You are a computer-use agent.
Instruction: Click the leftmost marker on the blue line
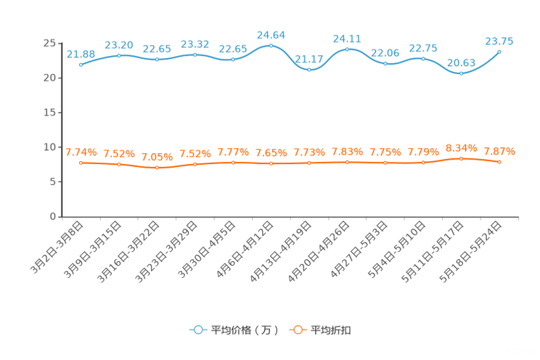[81, 65]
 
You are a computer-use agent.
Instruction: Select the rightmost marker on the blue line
[499, 52]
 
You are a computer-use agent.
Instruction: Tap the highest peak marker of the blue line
[271, 46]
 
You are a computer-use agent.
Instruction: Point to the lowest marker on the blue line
[461, 73]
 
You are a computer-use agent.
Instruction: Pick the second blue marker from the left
[119, 55]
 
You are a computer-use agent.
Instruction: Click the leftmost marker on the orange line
[81, 163]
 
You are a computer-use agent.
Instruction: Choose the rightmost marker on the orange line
[499, 162]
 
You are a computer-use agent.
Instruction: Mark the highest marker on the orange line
[461, 158]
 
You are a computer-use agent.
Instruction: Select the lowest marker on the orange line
[157, 167]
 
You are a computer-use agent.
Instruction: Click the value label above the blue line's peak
[271, 34]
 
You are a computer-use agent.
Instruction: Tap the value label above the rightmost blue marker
[499, 41]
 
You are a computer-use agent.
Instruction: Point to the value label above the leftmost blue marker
[81, 54]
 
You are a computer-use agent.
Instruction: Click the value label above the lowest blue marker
[461, 62]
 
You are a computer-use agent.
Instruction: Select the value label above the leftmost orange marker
[81, 152]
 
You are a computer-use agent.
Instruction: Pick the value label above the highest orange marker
[461, 147]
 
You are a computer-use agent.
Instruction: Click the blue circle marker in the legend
[197, 330]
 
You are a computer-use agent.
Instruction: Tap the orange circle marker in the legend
[297, 330]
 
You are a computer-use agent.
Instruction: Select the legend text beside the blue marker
[244, 330]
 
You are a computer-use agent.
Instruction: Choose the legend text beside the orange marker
[332, 330]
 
